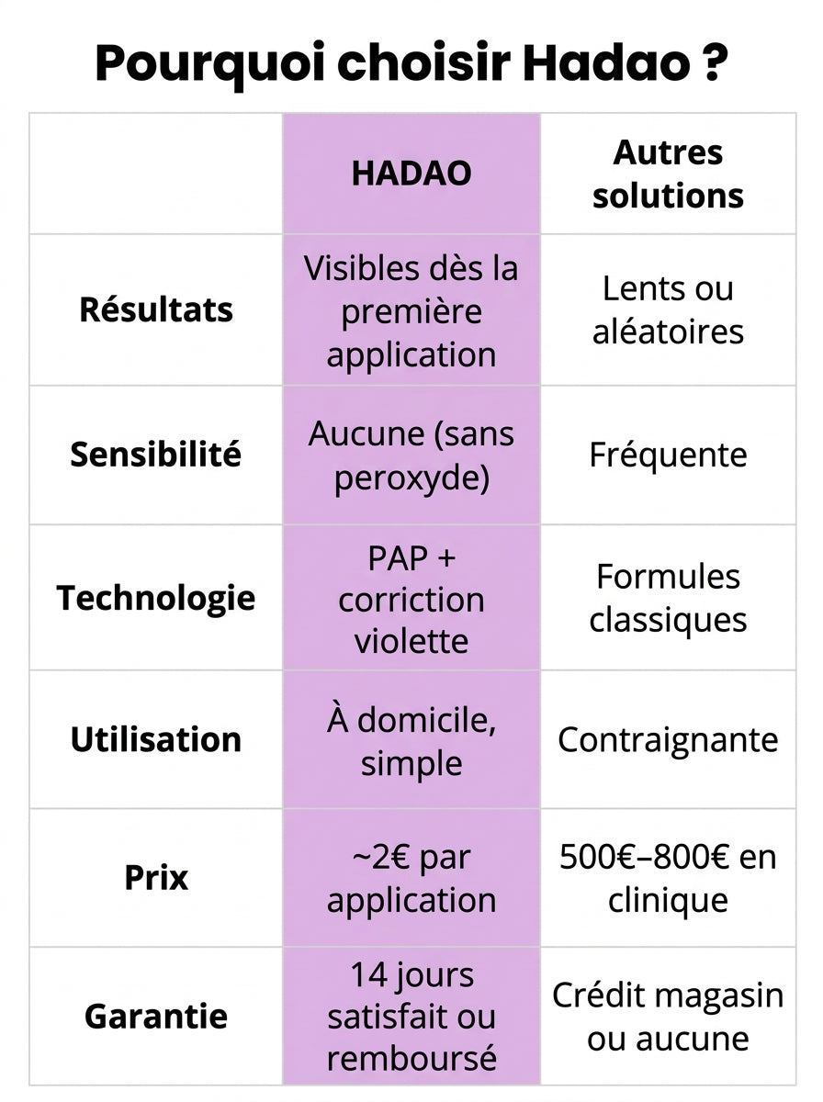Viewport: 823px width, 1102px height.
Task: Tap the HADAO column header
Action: tap(411, 174)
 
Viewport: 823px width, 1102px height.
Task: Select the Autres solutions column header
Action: tap(668, 174)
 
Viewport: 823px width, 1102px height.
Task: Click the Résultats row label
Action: tap(155, 309)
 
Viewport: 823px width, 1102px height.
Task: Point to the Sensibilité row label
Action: tap(155, 455)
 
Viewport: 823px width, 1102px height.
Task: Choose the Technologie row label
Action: tap(155, 598)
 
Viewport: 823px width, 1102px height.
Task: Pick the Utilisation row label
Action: tap(155, 739)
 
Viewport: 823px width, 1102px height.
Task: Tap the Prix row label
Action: tap(155, 877)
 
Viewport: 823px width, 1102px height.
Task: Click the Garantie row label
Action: tap(155, 1017)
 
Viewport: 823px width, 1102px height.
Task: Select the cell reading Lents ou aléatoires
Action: tap(668, 309)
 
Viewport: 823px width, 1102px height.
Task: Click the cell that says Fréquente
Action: tap(668, 455)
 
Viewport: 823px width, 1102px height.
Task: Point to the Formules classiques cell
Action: tap(668, 598)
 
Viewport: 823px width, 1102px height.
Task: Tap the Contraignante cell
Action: tap(668, 739)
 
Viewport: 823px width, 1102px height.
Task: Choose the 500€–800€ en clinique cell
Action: tap(668, 878)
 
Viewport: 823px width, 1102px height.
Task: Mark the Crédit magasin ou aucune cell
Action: tap(668, 1017)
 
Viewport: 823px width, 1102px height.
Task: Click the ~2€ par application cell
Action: tap(411, 878)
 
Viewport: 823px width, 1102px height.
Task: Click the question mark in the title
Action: tap(715, 62)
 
